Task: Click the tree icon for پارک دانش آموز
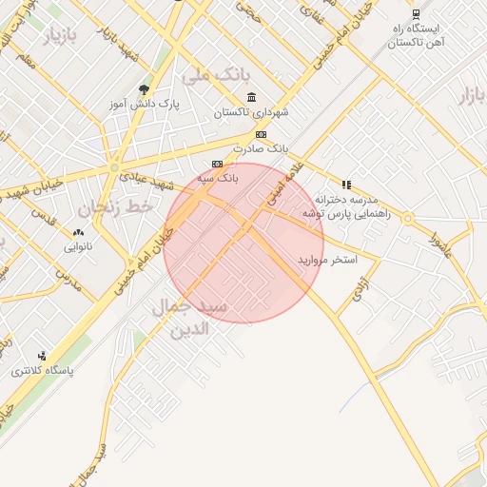(145, 89)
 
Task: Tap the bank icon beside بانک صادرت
(261, 135)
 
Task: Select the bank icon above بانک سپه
(217, 164)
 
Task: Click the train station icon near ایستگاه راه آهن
(416, 13)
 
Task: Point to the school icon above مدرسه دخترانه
(346, 185)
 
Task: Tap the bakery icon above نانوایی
(78, 232)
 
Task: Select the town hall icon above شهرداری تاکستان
(251, 97)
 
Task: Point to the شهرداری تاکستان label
(250, 112)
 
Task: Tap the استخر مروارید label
(327, 259)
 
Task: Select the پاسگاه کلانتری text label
(42, 370)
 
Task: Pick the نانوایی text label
(78, 247)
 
